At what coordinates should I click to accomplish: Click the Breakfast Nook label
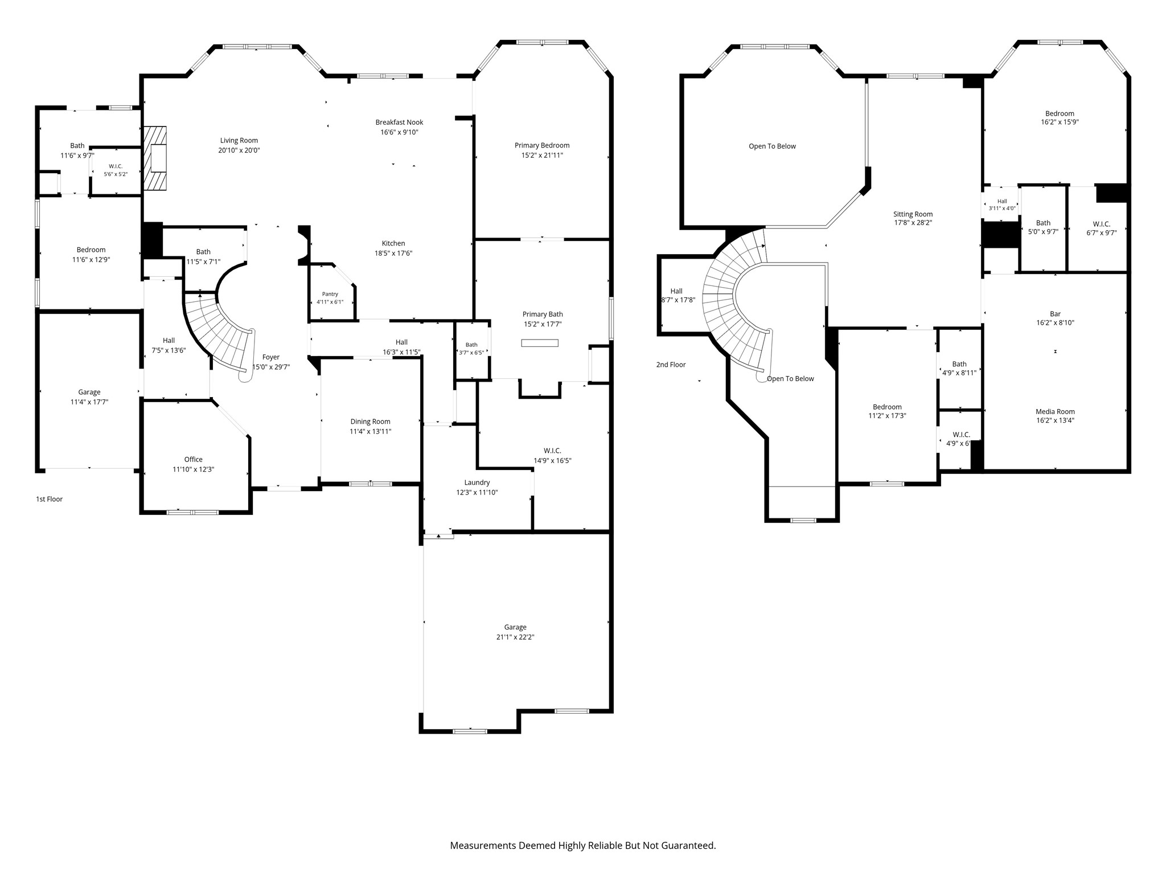click(399, 122)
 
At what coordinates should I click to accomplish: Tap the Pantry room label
click(330, 294)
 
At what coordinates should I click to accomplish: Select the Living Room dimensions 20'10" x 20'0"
click(239, 150)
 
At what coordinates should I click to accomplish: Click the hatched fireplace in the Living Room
click(155, 158)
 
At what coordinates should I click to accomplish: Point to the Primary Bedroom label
click(542, 145)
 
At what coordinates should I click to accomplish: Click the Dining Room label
click(370, 422)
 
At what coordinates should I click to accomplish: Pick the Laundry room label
click(477, 483)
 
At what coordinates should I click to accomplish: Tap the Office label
click(194, 460)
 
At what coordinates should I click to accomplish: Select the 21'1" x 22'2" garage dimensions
click(515, 637)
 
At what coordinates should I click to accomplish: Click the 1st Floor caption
click(50, 499)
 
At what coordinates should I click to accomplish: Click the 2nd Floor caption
click(671, 365)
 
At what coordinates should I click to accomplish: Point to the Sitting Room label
click(913, 214)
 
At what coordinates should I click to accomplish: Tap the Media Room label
click(1055, 411)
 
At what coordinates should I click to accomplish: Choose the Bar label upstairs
click(1056, 314)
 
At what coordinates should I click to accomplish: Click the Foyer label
click(271, 357)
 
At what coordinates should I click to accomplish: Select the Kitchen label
click(393, 243)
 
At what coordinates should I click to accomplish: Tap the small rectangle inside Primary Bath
click(540, 343)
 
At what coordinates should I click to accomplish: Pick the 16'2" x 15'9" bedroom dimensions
click(1060, 122)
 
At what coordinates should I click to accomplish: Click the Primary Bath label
click(543, 314)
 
